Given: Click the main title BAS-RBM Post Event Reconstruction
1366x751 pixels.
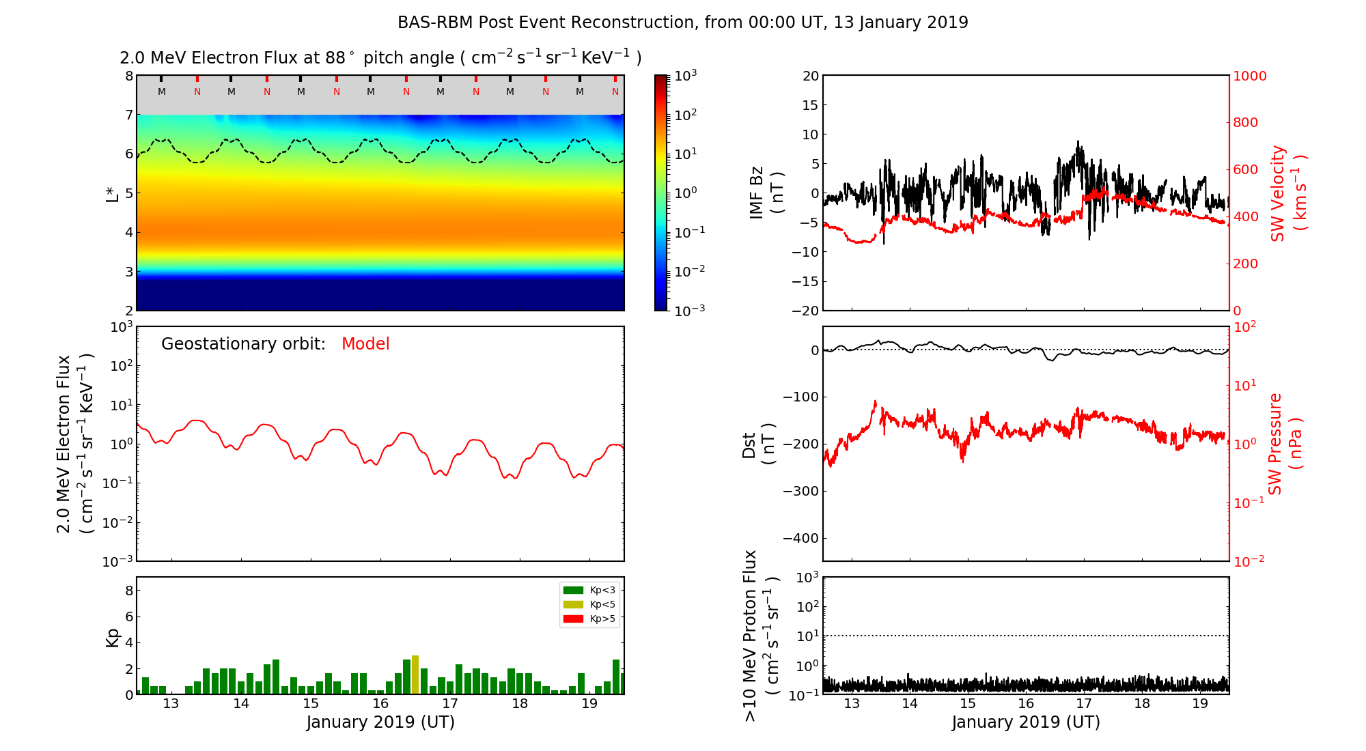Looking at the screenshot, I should tap(682, 23).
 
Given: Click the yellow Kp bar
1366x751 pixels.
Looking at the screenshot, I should tap(415, 675).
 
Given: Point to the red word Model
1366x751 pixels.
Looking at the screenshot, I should tap(365, 344).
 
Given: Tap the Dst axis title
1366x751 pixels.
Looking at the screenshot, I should tap(758, 444).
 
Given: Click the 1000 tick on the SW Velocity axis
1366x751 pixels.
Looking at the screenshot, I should tap(1249, 76).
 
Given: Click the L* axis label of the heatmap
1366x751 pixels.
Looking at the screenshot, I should tap(113, 193).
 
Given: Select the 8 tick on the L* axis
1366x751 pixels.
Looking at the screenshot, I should tap(128, 76).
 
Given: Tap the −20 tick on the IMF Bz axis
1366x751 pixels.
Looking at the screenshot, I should tap(804, 311).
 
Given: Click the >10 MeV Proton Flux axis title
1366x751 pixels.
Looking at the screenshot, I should tap(761, 636).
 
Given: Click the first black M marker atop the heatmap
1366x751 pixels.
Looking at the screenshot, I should tap(162, 91).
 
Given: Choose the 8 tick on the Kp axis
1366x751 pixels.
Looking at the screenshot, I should tap(128, 591).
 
